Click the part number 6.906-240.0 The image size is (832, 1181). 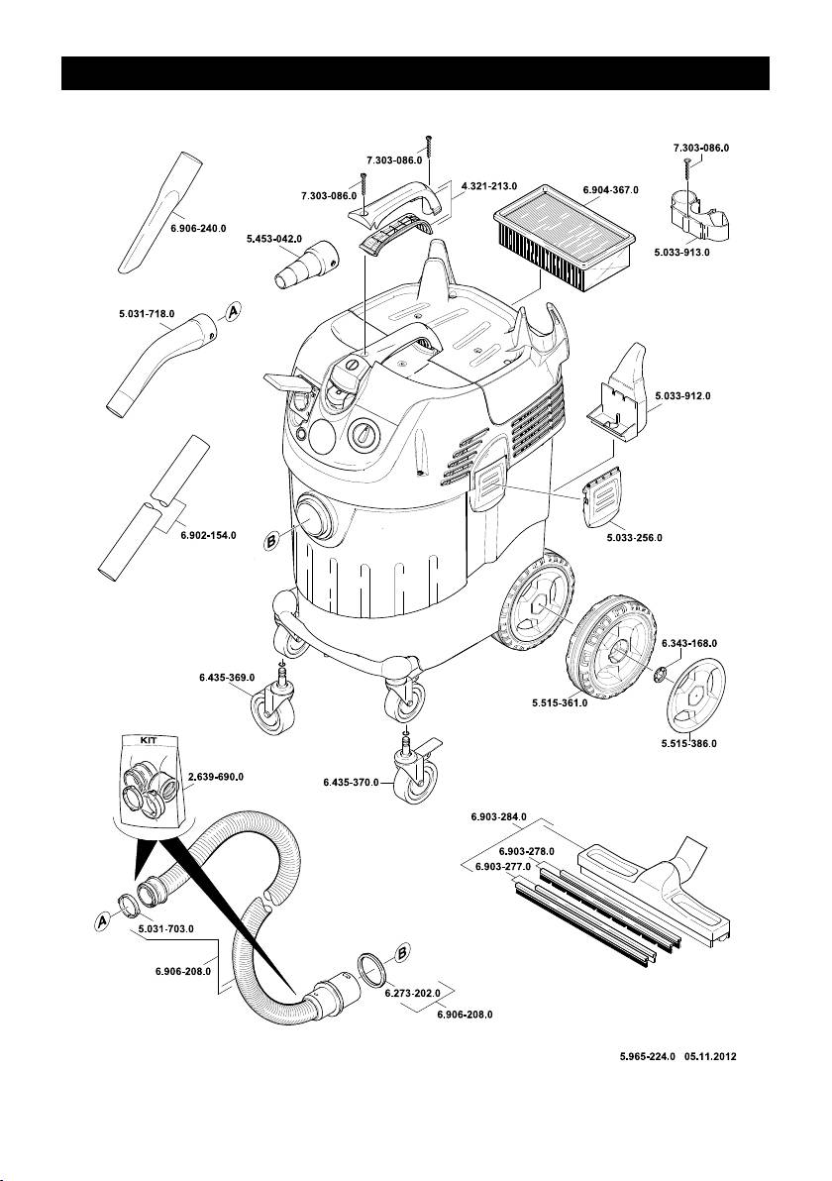tap(198, 228)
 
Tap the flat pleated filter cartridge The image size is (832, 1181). tap(564, 240)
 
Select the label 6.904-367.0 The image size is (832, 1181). tap(611, 190)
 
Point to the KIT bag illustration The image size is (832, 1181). tap(152, 785)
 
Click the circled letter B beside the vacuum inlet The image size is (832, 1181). tap(271, 539)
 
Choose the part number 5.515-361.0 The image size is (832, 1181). tap(561, 703)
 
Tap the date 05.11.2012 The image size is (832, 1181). tap(711, 1056)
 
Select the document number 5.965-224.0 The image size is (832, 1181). tap(648, 1056)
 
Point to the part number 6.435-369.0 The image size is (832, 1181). tap(227, 677)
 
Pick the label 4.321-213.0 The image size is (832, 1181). tap(488, 185)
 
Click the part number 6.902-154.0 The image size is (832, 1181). tap(209, 536)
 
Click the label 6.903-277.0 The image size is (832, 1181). tap(503, 867)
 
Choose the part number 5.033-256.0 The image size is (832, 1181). tap(635, 538)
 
